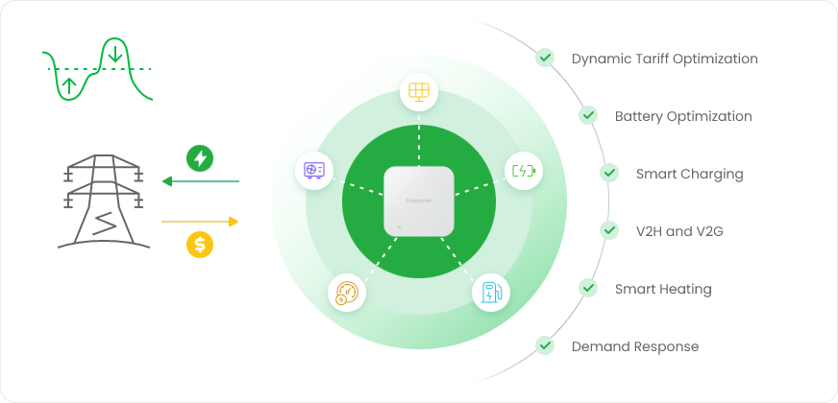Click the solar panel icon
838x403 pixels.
coord(419,92)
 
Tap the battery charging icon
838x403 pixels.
coord(524,172)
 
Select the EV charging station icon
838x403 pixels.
coord(489,293)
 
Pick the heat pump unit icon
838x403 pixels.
coord(313,171)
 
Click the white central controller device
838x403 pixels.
coord(419,201)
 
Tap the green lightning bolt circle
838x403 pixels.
coord(200,157)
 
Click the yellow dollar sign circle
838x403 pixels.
coord(200,245)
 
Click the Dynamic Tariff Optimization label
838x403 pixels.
coord(664,59)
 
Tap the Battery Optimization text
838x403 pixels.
coord(683,116)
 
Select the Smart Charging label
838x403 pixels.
coord(689,174)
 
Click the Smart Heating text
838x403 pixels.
coord(663,289)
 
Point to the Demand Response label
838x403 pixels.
coord(634,346)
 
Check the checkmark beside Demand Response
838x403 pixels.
coord(546,345)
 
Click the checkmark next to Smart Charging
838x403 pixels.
coord(609,173)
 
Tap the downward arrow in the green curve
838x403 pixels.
coord(115,53)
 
